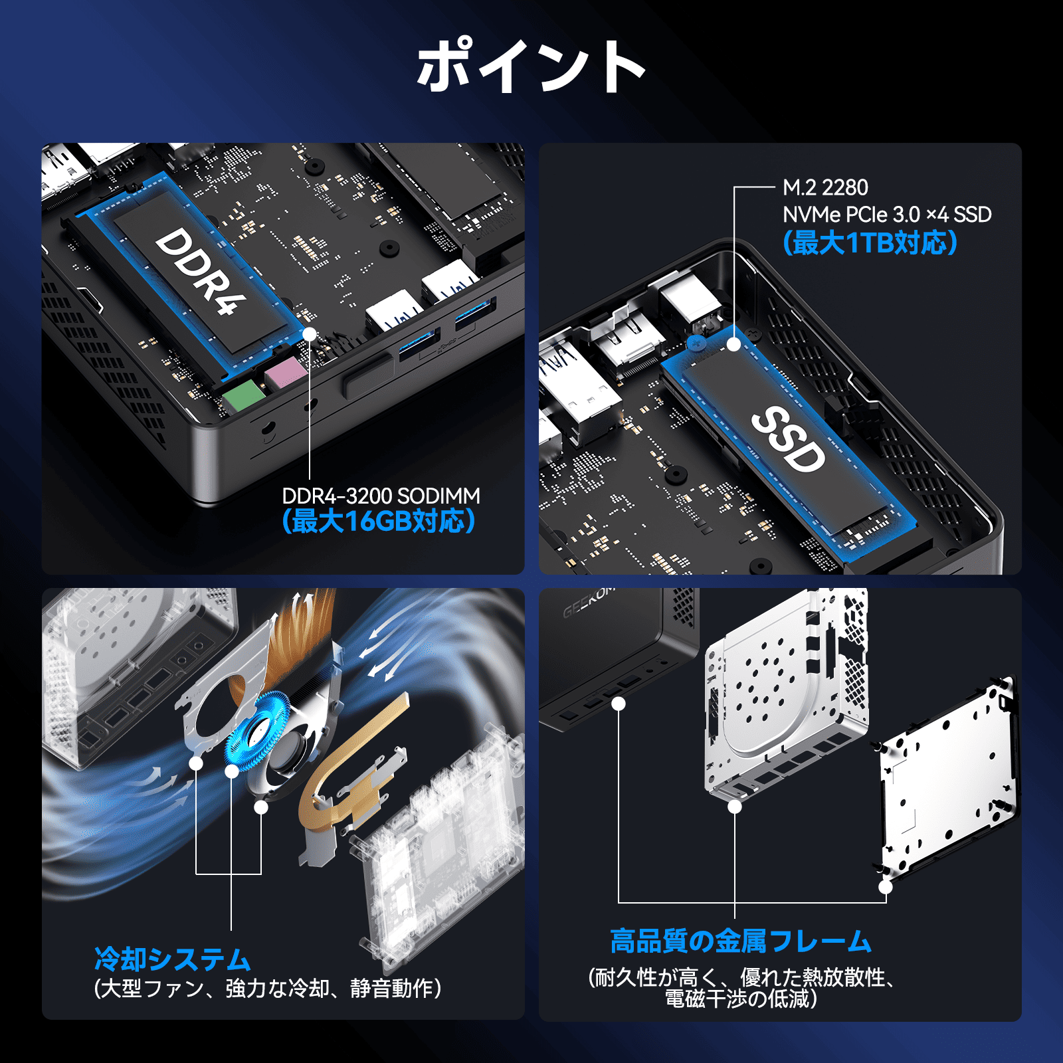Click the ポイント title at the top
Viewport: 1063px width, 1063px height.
(530, 66)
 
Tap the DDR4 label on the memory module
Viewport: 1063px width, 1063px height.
(200, 270)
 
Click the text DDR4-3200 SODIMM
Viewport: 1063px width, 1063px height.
(381, 496)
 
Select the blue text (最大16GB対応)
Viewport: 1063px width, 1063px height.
(379, 522)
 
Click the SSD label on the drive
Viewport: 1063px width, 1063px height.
(788, 439)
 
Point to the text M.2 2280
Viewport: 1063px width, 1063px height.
(825, 188)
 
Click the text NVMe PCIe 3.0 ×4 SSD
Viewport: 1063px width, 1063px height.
(886, 215)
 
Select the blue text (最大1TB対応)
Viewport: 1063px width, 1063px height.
(870, 243)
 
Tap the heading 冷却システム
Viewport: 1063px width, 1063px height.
(173, 959)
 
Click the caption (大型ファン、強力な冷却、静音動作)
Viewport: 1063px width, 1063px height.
(268, 989)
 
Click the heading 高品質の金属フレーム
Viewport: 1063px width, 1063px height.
(740, 941)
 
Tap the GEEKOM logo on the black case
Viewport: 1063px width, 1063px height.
(587, 602)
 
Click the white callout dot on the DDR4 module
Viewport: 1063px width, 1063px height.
(310, 334)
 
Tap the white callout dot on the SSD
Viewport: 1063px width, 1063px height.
(733, 344)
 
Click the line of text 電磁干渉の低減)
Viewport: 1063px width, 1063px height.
(740, 999)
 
